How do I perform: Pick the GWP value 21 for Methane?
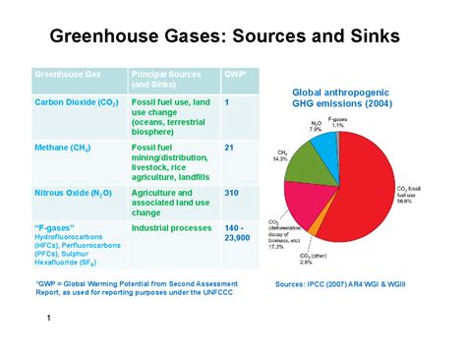pos(229,147)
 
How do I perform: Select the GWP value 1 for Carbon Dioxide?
pos(227,101)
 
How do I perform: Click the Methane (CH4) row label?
pos(67,147)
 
